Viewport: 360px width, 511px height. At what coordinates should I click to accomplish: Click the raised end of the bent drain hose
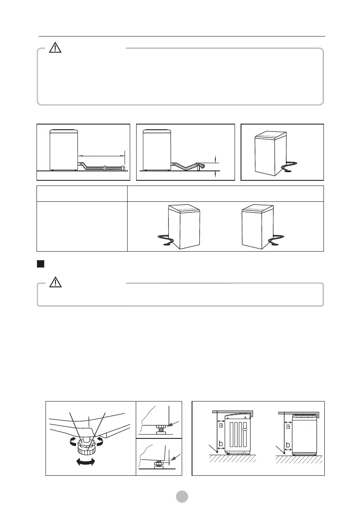[x=199, y=165]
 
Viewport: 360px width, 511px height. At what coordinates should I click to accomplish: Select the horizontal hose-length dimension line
[x=101, y=155]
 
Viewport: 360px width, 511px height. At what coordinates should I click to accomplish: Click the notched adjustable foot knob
[x=88, y=449]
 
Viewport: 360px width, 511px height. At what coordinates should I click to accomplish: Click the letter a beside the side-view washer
[x=220, y=426]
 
